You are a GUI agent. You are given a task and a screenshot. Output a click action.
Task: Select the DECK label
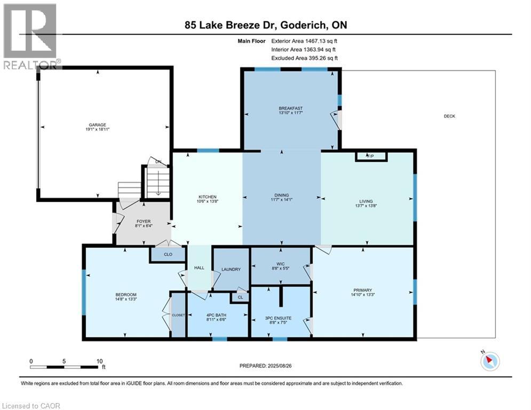(x=449, y=116)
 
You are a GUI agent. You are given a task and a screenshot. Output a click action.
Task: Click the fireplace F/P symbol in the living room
(x=370, y=156)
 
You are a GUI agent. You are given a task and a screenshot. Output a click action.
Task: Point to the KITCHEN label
(x=207, y=197)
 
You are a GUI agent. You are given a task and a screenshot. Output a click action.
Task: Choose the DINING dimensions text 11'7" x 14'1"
(x=281, y=201)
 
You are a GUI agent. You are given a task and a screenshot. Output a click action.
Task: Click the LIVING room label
(x=366, y=201)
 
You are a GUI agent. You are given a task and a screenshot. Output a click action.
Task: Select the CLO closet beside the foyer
(x=166, y=255)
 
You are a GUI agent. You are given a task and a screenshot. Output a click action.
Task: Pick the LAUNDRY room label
(x=231, y=269)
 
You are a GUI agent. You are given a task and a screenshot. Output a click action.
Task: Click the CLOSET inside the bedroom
(x=178, y=315)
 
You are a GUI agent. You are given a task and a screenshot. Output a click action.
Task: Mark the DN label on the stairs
(x=158, y=162)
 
